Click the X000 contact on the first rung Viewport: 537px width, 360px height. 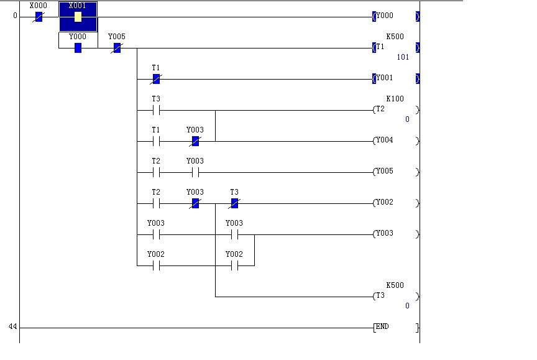coord(39,17)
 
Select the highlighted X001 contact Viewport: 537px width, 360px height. coord(78,17)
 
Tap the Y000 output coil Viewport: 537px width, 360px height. coord(395,17)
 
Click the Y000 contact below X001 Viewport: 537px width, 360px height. coord(78,48)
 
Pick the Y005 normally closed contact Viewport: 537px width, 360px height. coord(116,48)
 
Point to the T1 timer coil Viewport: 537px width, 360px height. coord(395,48)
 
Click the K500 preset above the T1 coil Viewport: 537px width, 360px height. coord(395,37)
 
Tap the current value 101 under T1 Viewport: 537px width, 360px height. coord(403,57)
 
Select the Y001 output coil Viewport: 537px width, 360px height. coord(395,79)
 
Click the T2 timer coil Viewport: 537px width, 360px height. coord(395,110)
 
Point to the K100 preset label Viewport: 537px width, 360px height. coord(395,99)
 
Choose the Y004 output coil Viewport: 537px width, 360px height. coord(395,141)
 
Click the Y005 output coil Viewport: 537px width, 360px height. coord(395,172)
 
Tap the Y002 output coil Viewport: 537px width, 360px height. coord(395,203)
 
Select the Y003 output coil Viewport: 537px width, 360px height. coord(395,234)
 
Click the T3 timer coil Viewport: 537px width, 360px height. coord(395,297)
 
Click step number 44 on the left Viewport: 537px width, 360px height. coord(13,327)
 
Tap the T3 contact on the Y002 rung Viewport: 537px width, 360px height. coord(234,203)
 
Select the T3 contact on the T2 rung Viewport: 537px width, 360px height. coord(156,110)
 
